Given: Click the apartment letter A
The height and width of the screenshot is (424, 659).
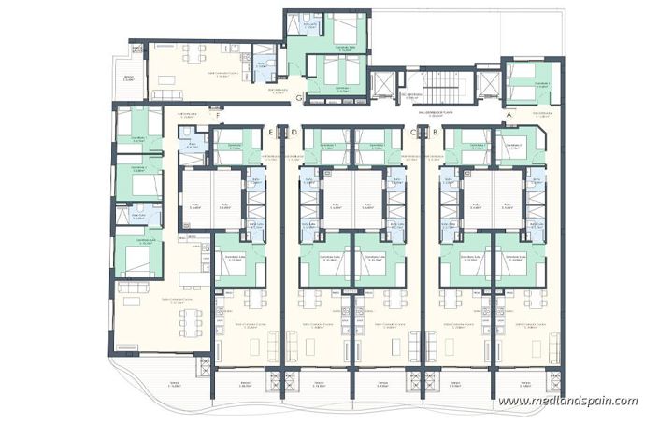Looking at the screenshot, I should [509, 115].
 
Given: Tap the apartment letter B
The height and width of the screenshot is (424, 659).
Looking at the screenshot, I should [436, 133].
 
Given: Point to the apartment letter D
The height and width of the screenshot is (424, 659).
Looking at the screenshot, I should [294, 133].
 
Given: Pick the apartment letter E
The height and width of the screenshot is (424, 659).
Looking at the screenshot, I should [271, 133].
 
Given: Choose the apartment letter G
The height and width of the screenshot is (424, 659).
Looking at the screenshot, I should [296, 96].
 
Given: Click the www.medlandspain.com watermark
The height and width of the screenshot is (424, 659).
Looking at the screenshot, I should [567, 402].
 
